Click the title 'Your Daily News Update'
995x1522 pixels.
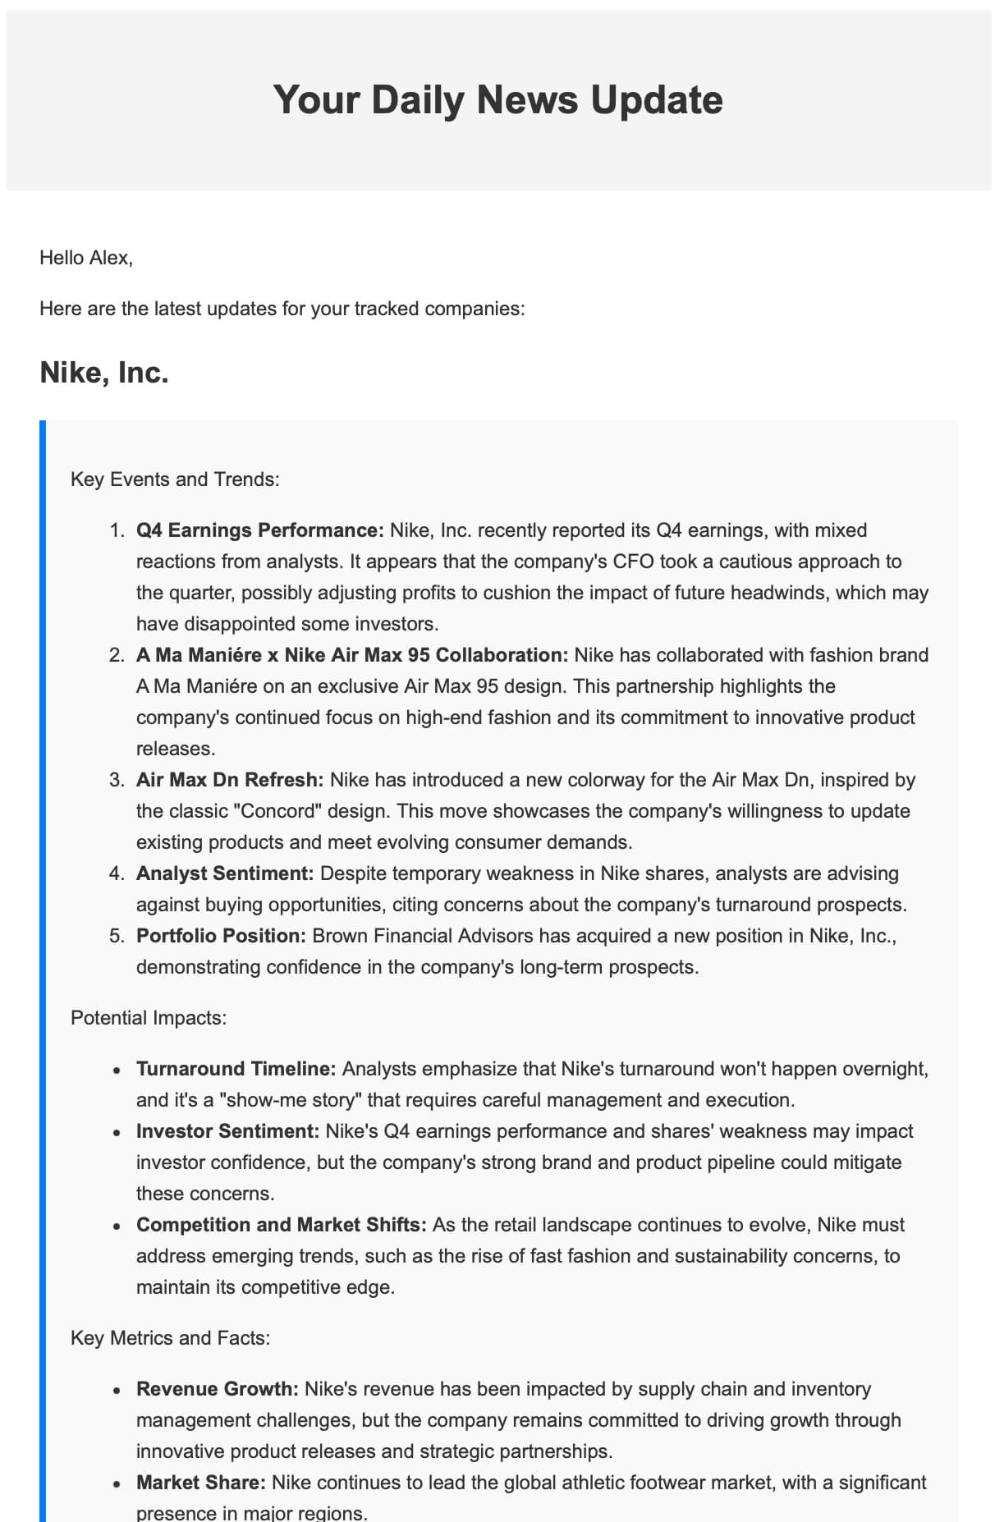[497, 99]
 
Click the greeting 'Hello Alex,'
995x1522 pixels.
[86, 258]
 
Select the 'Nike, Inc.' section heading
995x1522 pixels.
[104, 373]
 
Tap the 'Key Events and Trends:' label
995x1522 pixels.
[175, 479]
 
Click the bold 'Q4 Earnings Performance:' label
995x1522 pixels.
[259, 530]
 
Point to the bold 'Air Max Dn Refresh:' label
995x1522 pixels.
[230, 780]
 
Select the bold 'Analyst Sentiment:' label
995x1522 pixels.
[225, 873]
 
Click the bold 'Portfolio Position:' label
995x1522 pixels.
[221, 936]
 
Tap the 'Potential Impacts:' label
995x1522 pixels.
[149, 1018]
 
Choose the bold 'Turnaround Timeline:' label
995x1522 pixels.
[236, 1069]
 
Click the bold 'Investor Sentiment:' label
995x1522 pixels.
[228, 1131]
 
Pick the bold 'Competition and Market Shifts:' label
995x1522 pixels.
[282, 1225]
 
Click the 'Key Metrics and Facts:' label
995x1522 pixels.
[170, 1338]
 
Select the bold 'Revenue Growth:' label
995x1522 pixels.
[218, 1389]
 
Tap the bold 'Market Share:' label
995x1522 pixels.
[201, 1483]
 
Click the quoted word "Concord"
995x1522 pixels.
[277, 811]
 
